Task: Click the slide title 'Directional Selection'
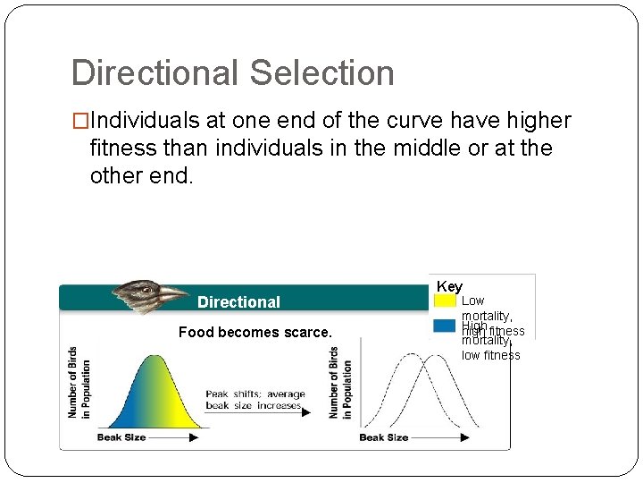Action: coord(232,72)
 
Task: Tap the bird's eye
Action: coord(146,289)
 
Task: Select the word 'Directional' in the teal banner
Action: coord(238,302)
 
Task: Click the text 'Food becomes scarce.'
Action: coord(255,332)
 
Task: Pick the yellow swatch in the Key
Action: coord(445,301)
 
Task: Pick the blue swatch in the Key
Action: coord(445,326)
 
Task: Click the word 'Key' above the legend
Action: coord(449,286)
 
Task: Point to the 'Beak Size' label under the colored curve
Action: coord(121,437)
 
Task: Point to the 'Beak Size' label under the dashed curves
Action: coord(383,437)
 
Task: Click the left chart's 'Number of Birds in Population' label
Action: coord(79,383)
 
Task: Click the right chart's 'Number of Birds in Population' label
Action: coord(339,383)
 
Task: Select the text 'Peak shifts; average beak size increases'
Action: coord(255,400)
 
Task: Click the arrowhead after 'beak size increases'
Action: coord(306,412)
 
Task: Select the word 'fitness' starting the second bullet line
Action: coord(122,148)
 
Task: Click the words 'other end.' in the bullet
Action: coord(141,174)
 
